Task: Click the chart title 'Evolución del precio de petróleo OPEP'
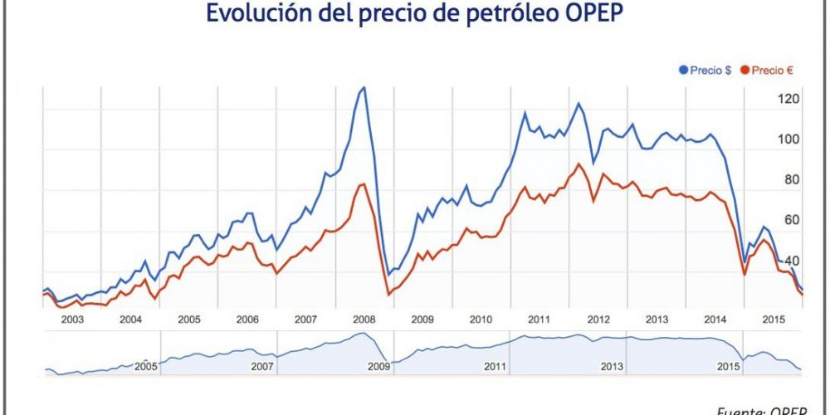414,14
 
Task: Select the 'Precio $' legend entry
710,71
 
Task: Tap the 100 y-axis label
787,139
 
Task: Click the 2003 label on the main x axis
71,320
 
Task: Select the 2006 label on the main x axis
247,320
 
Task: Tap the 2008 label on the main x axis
364,320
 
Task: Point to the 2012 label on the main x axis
598,320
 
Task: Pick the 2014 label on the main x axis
715,320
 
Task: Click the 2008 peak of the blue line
362,87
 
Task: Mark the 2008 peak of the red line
363,183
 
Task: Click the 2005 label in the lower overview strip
146,366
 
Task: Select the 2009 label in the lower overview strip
378,366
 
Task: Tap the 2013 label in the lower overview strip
612,366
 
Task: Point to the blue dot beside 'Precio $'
683,71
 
